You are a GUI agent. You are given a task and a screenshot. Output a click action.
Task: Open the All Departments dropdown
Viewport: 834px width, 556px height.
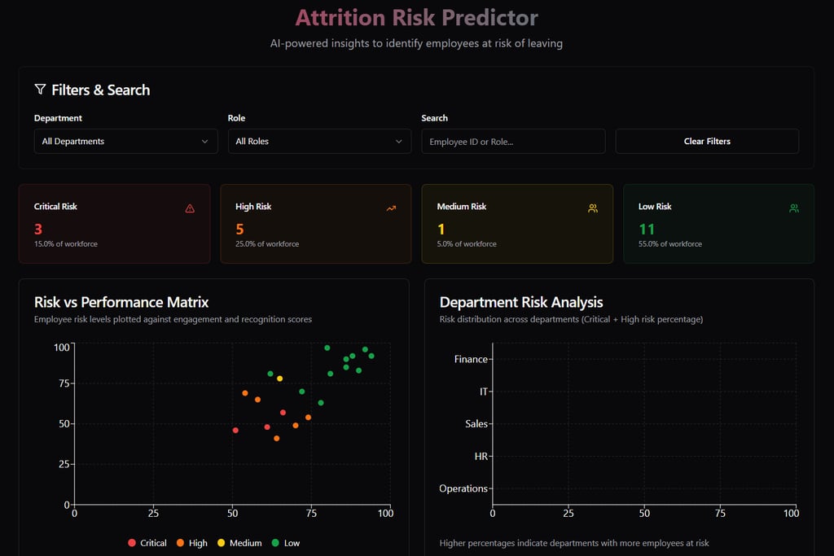pos(125,141)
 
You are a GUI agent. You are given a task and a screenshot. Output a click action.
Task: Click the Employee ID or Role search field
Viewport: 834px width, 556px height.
pos(513,141)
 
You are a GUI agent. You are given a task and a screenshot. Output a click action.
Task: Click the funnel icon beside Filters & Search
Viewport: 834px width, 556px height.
pos(40,90)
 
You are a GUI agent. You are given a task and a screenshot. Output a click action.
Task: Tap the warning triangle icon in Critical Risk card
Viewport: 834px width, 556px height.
pos(190,208)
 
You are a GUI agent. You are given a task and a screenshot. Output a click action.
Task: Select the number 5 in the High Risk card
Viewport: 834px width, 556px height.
pos(239,230)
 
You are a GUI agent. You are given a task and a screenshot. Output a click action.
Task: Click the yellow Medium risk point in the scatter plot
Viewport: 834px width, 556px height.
pos(280,379)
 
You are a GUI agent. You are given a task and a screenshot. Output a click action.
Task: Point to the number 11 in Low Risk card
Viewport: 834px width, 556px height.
pos(647,230)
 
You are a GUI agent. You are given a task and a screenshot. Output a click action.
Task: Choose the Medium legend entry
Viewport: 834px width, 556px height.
pos(239,543)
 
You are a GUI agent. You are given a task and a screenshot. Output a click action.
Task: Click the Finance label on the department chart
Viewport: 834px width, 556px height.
pos(471,359)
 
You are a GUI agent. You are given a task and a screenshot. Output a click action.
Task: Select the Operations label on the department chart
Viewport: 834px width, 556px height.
pos(463,488)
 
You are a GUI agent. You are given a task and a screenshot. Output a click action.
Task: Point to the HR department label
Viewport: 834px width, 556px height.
pos(481,457)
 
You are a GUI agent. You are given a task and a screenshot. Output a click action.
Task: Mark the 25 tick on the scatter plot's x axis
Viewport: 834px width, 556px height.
pos(153,513)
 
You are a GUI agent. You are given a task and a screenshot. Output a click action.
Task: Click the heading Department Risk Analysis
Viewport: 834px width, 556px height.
pos(521,302)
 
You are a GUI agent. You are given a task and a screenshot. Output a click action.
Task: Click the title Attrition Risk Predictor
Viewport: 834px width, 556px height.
pos(416,17)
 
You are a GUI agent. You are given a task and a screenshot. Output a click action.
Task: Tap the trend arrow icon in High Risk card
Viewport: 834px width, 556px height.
pos(391,208)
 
